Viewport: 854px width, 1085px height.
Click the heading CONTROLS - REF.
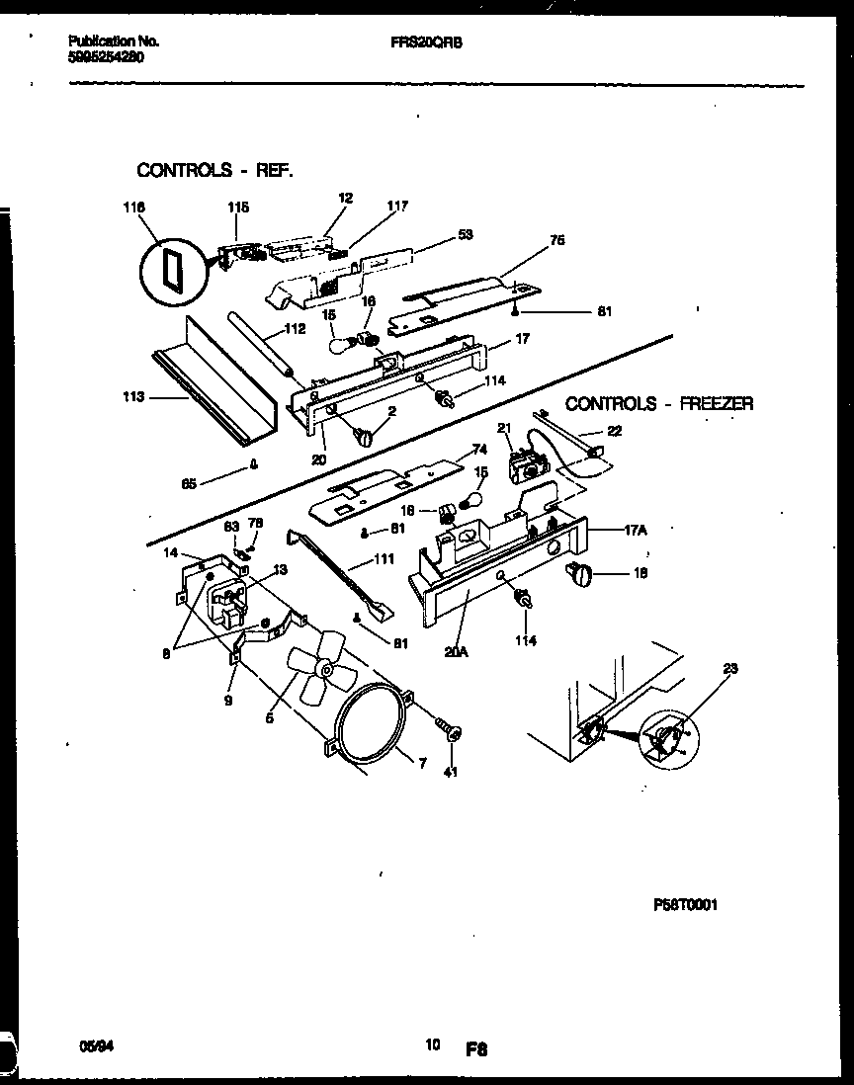pyautogui.click(x=214, y=170)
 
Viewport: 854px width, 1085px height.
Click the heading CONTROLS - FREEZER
pyautogui.click(x=659, y=403)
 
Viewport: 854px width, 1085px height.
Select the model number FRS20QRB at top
pyautogui.click(x=426, y=43)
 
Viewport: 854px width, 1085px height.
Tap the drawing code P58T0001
pyautogui.click(x=685, y=904)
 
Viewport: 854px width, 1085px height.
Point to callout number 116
pyautogui.click(x=133, y=208)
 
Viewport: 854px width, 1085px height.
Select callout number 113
pyautogui.click(x=134, y=397)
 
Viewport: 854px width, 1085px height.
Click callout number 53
pyautogui.click(x=465, y=234)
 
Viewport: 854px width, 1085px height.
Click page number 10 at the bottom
pyautogui.click(x=432, y=1044)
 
